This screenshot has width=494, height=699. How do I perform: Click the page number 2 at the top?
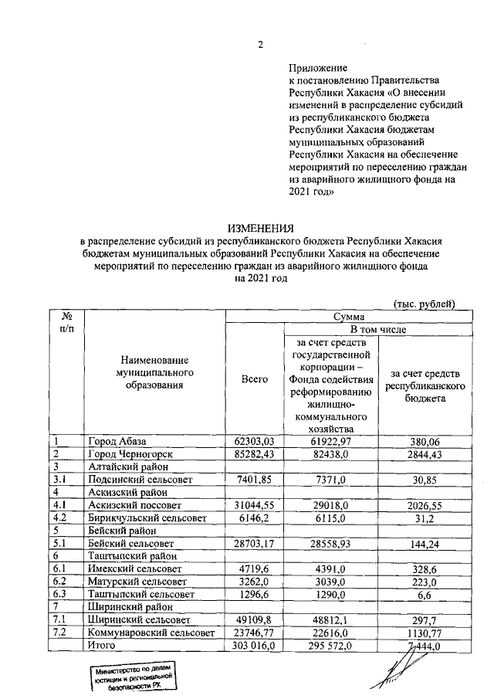260,45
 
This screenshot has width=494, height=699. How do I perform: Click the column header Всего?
254,379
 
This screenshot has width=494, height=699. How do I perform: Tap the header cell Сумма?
349,316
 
